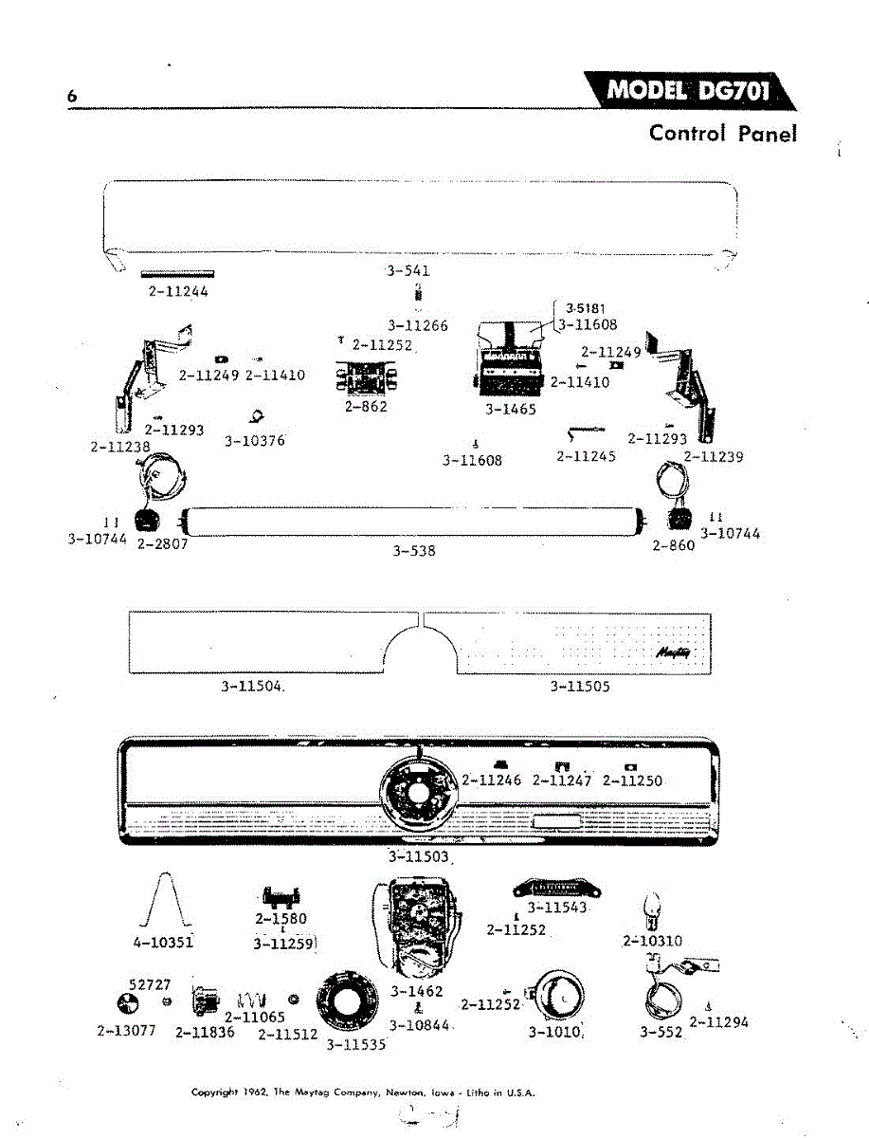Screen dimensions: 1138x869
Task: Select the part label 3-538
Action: (x=414, y=550)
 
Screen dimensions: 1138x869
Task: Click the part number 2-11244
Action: (x=178, y=292)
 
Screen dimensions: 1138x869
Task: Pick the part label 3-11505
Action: (x=580, y=687)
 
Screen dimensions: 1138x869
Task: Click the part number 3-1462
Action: (x=416, y=992)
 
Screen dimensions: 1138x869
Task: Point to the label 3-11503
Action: (x=419, y=857)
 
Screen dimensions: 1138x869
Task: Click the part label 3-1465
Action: (x=511, y=410)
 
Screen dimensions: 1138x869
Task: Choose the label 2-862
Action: (x=366, y=407)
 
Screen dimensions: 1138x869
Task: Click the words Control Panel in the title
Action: (x=722, y=133)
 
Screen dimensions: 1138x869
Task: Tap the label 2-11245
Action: (x=586, y=457)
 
